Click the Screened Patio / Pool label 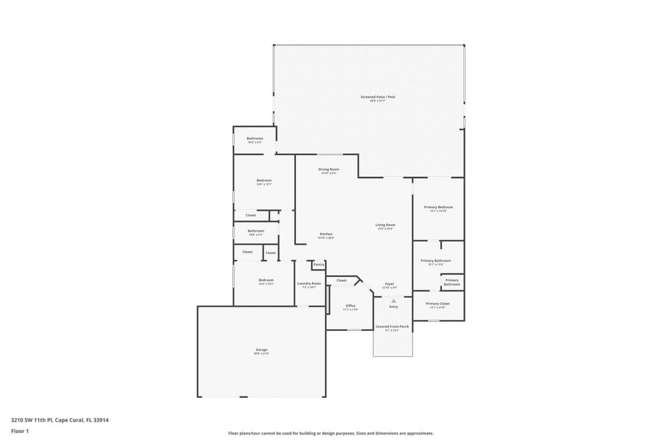point(378,97)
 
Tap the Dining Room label point(329,169)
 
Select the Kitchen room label point(326,234)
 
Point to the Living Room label point(386,225)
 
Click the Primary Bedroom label point(438,207)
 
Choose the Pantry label point(319,264)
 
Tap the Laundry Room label point(309,284)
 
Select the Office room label point(351,306)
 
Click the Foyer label point(389,284)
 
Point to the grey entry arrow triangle point(394,300)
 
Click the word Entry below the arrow point(394,306)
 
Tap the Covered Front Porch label point(392,327)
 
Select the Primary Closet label point(438,304)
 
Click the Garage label point(261,350)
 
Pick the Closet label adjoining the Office point(341,281)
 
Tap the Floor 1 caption point(20,431)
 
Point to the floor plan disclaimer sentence point(330,433)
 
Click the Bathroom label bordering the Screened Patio point(255,139)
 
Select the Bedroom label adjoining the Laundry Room point(265,281)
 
